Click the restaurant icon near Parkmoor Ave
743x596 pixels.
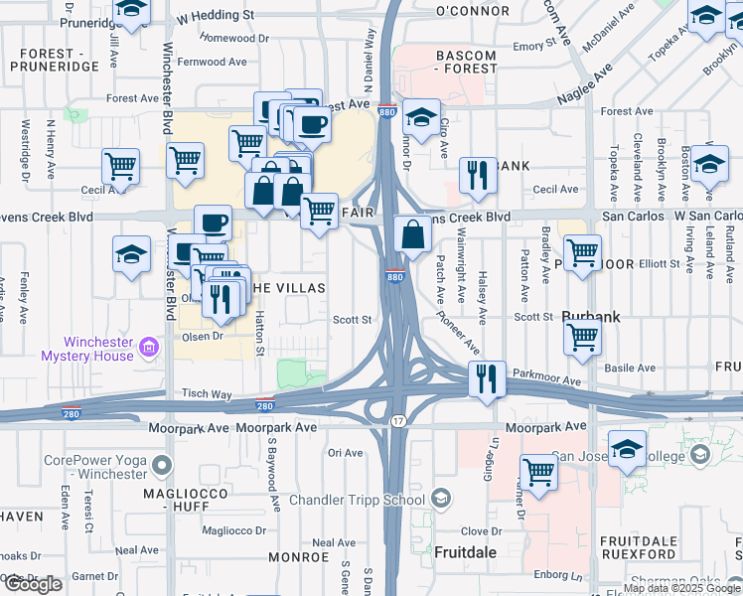(487, 378)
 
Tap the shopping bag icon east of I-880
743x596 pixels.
(412, 235)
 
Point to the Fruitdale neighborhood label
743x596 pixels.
(466, 550)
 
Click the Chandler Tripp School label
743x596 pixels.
(358, 500)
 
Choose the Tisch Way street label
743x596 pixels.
(207, 394)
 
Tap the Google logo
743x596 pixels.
(33, 584)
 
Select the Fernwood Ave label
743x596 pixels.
(211, 62)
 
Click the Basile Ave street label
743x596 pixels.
(629, 368)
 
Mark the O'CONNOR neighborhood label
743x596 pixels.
(472, 11)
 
